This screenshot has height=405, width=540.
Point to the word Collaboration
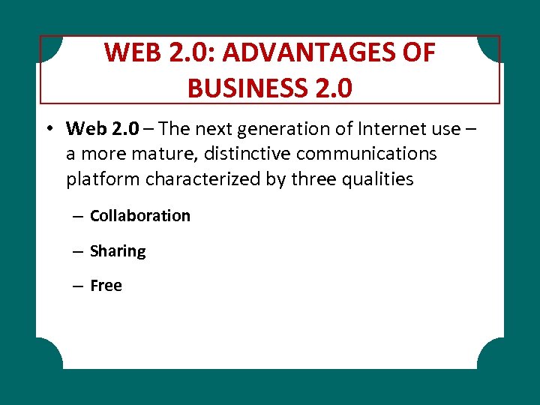coord(140,216)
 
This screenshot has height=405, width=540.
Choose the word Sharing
coord(118,251)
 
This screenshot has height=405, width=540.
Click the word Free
coord(106,286)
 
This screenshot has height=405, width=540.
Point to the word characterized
coord(202,180)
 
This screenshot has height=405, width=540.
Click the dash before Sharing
coord(77,251)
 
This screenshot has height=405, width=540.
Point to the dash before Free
coord(77,286)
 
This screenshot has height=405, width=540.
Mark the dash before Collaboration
coord(77,216)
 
